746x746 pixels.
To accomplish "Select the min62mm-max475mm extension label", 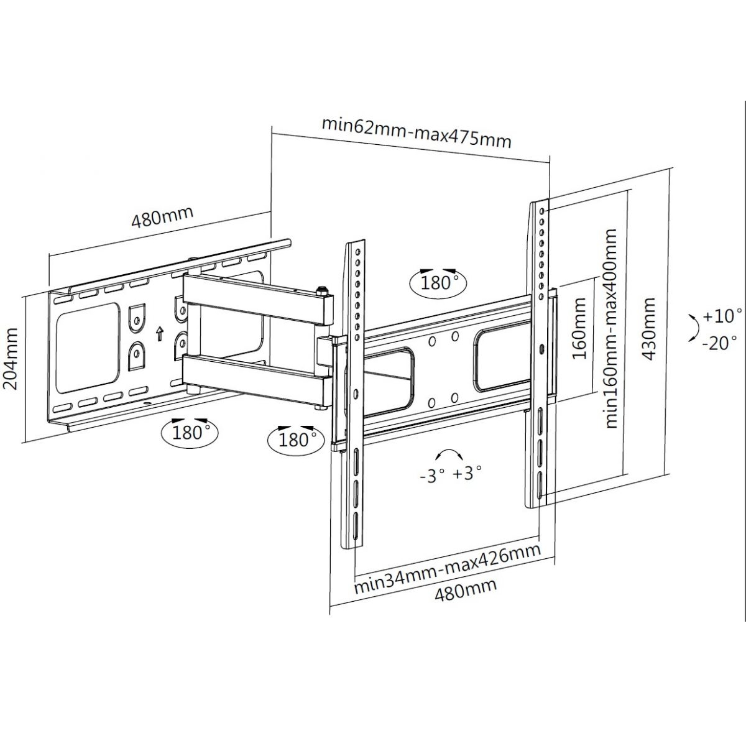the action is (417, 134).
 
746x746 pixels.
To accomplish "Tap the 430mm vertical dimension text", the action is (648, 328).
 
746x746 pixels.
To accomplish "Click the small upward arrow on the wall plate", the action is (159, 334).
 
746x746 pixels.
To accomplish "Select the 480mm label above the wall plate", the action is (163, 217).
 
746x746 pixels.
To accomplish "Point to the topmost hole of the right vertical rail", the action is (541, 211).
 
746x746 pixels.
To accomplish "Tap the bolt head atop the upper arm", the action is (321, 288).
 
